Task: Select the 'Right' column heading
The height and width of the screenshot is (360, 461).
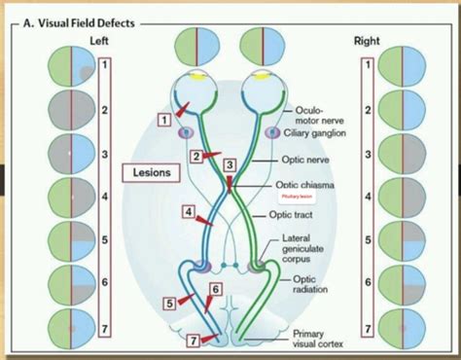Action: (368, 41)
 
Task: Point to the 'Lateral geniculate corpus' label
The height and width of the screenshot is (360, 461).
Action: (310, 250)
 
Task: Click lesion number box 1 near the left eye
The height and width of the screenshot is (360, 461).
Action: (166, 119)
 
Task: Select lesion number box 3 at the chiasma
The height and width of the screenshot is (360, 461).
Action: (230, 165)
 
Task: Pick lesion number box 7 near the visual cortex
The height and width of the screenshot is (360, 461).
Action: (193, 341)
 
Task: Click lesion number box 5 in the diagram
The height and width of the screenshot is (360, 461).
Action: (169, 303)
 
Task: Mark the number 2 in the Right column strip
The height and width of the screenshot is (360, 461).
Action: (368, 110)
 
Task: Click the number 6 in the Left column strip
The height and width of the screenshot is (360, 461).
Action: (106, 282)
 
